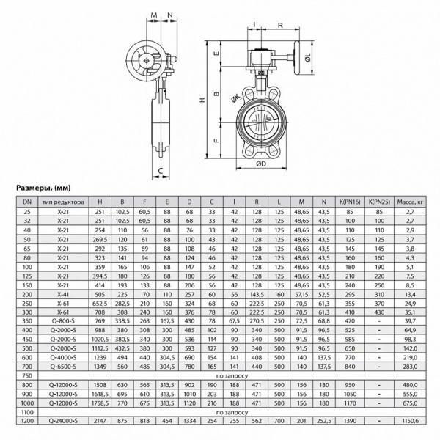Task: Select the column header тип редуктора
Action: (64, 202)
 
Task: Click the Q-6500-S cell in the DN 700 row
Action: (64, 366)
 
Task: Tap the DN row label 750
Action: (26, 375)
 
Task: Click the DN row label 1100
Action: (26, 414)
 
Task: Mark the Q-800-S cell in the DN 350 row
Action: (64, 320)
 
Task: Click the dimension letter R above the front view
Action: (280, 25)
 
